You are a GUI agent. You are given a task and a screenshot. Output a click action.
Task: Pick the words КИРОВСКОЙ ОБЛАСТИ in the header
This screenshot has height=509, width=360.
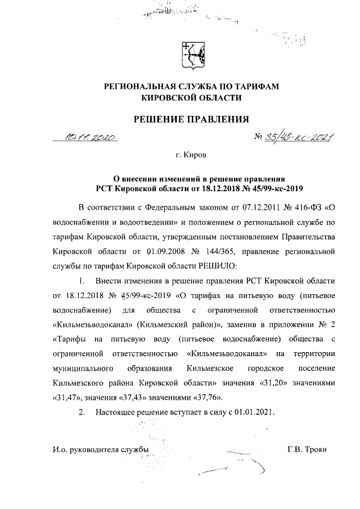point(191,98)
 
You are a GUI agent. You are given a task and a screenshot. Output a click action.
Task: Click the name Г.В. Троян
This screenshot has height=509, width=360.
point(307,449)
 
